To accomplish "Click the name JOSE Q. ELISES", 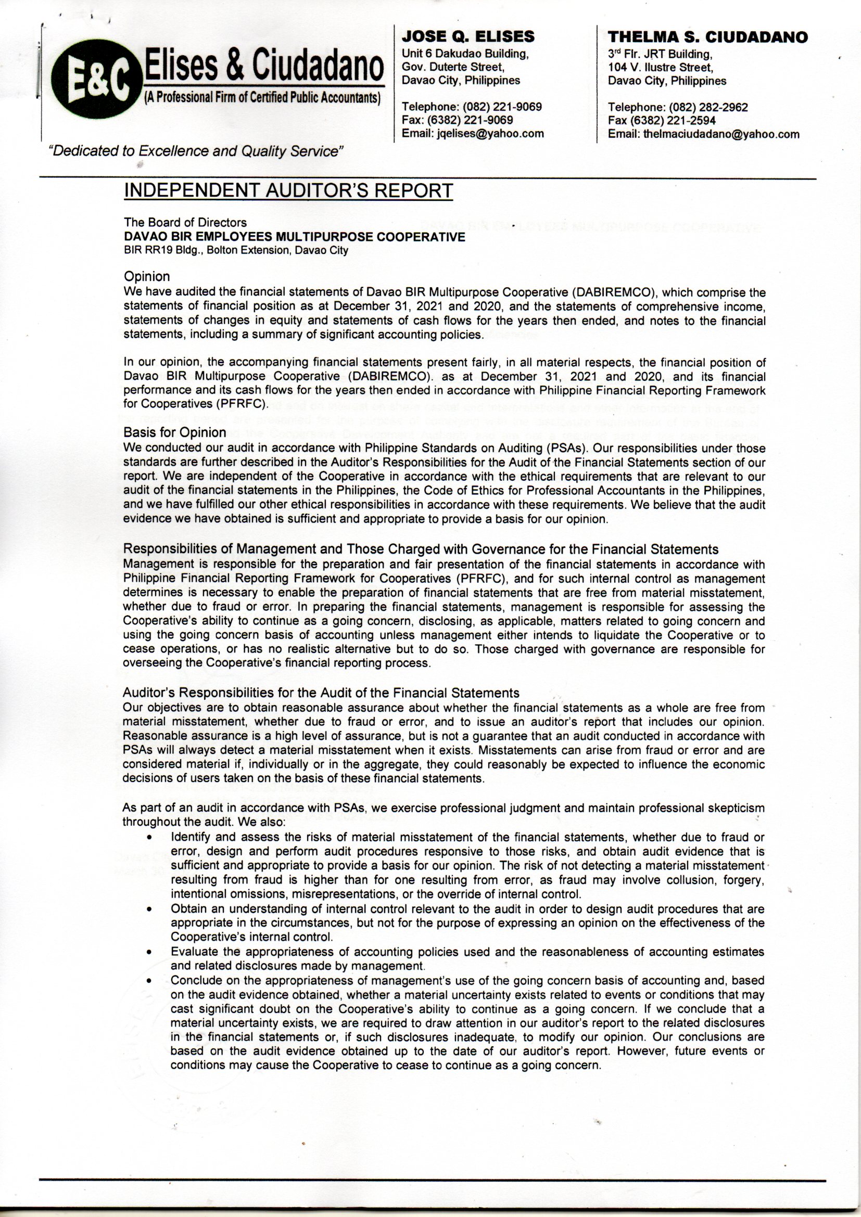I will click(x=468, y=36).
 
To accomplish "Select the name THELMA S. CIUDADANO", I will click(x=708, y=37).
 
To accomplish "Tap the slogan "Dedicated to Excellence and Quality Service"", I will click(x=196, y=151).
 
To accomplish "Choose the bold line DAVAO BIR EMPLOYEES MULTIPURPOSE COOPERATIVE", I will click(x=294, y=237).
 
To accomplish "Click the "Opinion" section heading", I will click(x=147, y=277).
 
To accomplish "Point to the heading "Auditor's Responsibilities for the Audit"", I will click(x=321, y=693).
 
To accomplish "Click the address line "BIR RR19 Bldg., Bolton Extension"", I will click(x=235, y=250).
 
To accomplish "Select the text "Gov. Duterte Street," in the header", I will click(x=452, y=67).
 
